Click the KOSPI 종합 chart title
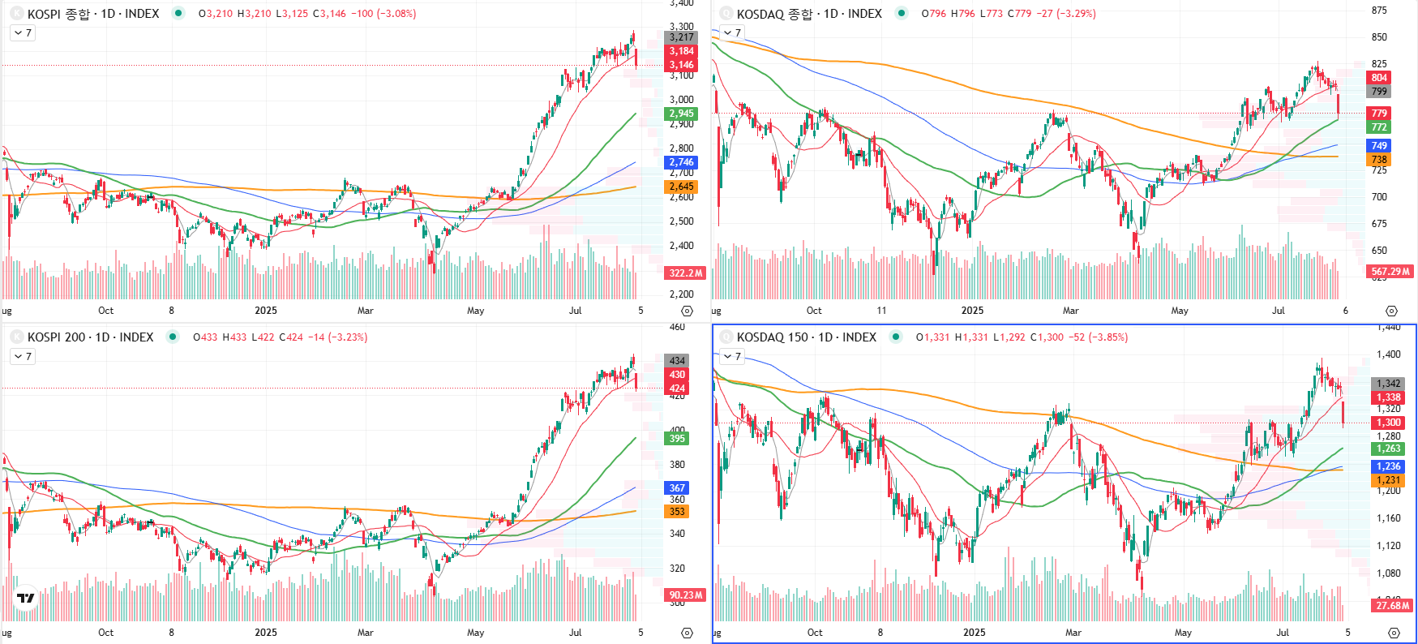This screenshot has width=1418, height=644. pyautogui.click(x=92, y=14)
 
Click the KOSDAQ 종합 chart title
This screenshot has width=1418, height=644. pyautogui.click(x=808, y=14)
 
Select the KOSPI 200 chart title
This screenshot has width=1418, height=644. pyautogui.click(x=90, y=337)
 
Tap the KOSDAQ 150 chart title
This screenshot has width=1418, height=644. pyautogui.click(x=806, y=337)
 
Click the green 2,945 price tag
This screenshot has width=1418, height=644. pyautogui.click(x=681, y=114)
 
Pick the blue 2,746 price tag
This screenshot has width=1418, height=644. pyautogui.click(x=681, y=162)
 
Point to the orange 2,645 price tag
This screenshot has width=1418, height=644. pyautogui.click(x=681, y=187)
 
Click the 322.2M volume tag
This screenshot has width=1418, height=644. pyautogui.click(x=685, y=273)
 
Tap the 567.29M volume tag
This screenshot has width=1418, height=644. pyautogui.click(x=1390, y=272)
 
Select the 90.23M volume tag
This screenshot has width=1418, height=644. pyautogui.click(x=685, y=595)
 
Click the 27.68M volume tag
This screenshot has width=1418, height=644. pyautogui.click(x=1392, y=606)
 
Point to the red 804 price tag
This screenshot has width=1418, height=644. pyautogui.click(x=1379, y=78)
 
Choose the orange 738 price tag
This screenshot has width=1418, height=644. pyautogui.click(x=1379, y=160)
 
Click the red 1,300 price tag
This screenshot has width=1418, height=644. pyautogui.click(x=1388, y=423)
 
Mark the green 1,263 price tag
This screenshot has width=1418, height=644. pyautogui.click(x=1388, y=449)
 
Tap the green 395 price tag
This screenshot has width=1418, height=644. pyautogui.click(x=677, y=439)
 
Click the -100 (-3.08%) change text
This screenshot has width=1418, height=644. pyautogui.click(x=383, y=14)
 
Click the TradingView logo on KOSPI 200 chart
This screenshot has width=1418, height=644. pyautogui.click(x=26, y=599)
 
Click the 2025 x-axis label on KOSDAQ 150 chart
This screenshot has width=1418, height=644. pyautogui.click(x=974, y=633)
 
